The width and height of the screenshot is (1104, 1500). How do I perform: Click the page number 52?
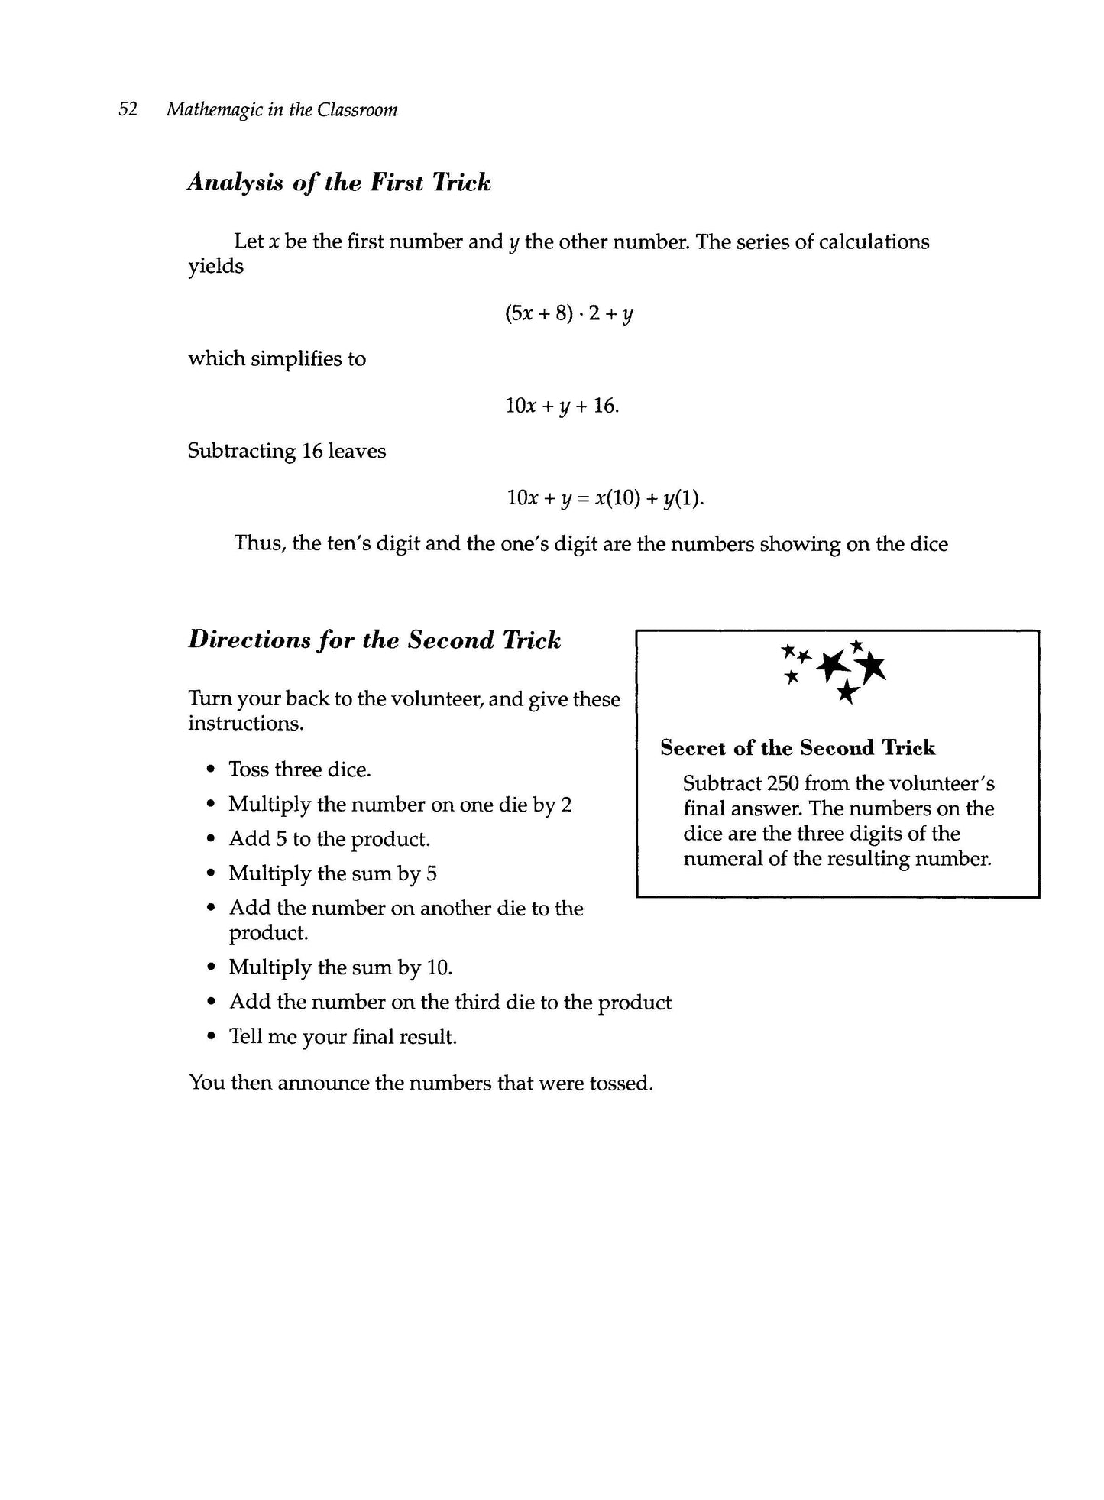(x=128, y=109)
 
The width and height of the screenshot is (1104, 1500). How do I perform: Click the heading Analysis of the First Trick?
(x=338, y=183)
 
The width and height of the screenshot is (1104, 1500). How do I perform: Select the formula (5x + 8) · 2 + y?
(x=568, y=313)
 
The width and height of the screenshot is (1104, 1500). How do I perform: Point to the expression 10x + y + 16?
(x=562, y=406)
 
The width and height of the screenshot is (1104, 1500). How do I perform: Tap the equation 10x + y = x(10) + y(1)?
(x=605, y=498)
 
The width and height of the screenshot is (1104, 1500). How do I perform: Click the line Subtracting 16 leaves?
(x=287, y=451)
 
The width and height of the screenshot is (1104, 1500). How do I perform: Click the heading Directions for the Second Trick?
(x=374, y=640)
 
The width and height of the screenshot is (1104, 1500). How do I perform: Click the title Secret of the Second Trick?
(x=798, y=748)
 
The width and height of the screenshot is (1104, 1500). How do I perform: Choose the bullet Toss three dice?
(x=299, y=769)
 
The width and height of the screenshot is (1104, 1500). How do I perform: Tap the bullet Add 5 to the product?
(x=329, y=839)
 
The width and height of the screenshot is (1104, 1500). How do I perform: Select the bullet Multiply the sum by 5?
(x=332, y=873)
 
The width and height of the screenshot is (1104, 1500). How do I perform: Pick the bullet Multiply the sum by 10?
(x=341, y=967)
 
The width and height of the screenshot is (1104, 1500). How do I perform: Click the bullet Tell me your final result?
(x=343, y=1037)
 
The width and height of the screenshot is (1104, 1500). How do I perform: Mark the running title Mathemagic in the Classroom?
(x=282, y=110)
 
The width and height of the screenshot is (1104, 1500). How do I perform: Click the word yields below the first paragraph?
(x=215, y=267)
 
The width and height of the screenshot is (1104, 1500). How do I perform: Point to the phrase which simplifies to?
(x=277, y=358)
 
